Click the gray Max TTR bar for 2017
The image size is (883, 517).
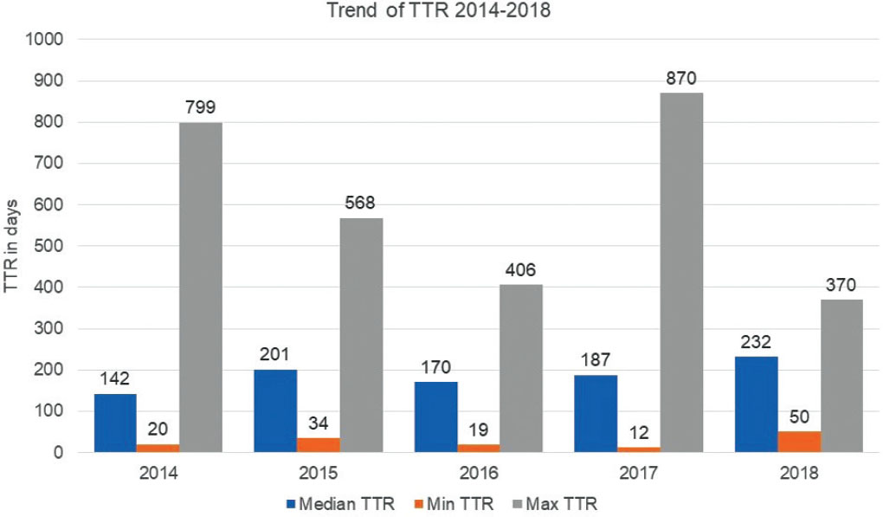[x=681, y=272]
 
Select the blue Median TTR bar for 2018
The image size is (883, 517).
[x=756, y=404]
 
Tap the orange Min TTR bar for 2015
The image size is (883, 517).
[x=319, y=444]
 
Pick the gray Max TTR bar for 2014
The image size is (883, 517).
[x=201, y=287]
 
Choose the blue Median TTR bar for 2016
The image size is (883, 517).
[x=435, y=417]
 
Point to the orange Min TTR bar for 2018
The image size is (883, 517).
[x=799, y=441]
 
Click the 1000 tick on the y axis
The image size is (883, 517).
[x=46, y=40]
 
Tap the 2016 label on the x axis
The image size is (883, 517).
[x=479, y=474]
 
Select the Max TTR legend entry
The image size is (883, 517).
[x=548, y=502]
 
